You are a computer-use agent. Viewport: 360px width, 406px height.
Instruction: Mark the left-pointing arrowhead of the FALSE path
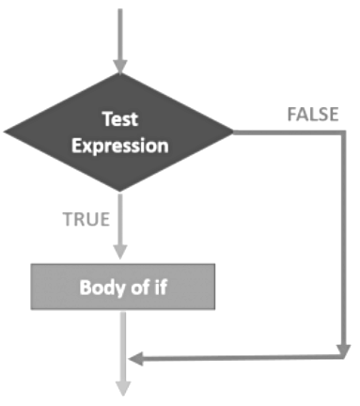click(x=135, y=358)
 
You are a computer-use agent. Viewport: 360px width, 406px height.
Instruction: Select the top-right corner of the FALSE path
click(x=342, y=133)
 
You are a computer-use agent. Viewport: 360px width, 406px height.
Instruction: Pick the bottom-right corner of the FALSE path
click(x=342, y=357)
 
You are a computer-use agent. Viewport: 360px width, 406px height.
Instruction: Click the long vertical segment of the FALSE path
click(x=342, y=244)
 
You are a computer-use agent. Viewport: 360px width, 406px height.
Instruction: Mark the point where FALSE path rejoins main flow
click(x=122, y=358)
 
